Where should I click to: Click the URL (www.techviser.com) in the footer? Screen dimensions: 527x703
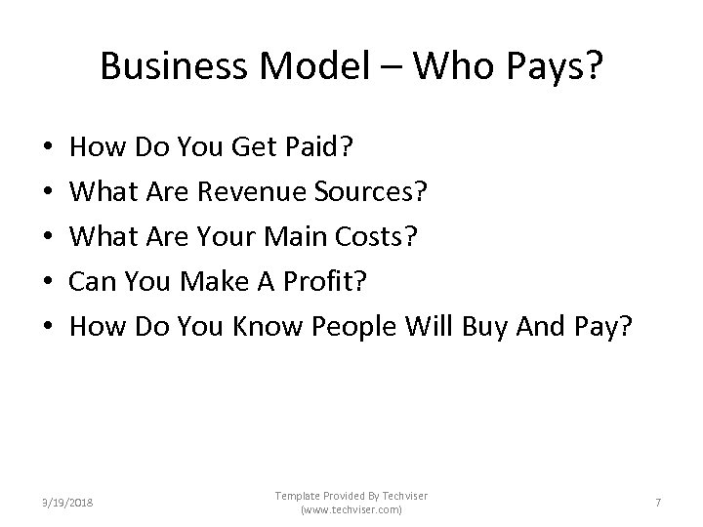pyautogui.click(x=352, y=510)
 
